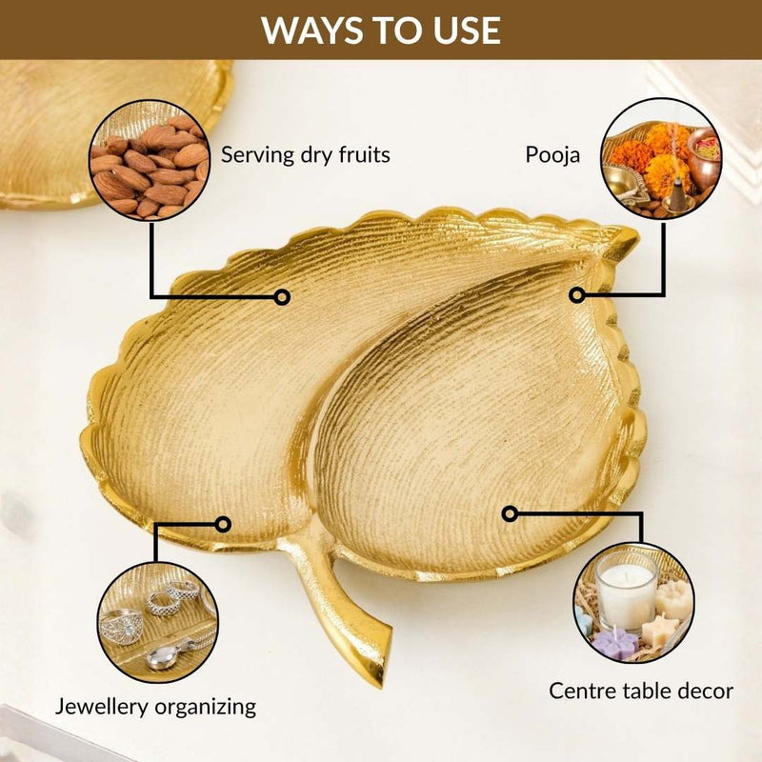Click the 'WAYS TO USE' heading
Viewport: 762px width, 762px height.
381,30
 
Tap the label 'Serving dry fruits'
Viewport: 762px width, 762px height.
305,155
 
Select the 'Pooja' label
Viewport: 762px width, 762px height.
552,155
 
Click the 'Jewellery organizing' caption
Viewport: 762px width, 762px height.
155,707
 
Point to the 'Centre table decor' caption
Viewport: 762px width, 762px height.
641,691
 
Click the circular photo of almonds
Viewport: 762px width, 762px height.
150,160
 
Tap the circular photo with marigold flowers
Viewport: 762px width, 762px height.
661,158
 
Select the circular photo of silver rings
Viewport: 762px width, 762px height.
157,623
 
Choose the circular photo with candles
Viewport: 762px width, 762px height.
633,603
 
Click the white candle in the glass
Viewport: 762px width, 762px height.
627,591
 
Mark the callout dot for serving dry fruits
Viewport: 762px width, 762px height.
282,296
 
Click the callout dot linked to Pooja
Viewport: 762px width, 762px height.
577,295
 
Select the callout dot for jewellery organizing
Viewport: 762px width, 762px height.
223,525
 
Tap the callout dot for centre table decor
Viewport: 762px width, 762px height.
510,513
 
